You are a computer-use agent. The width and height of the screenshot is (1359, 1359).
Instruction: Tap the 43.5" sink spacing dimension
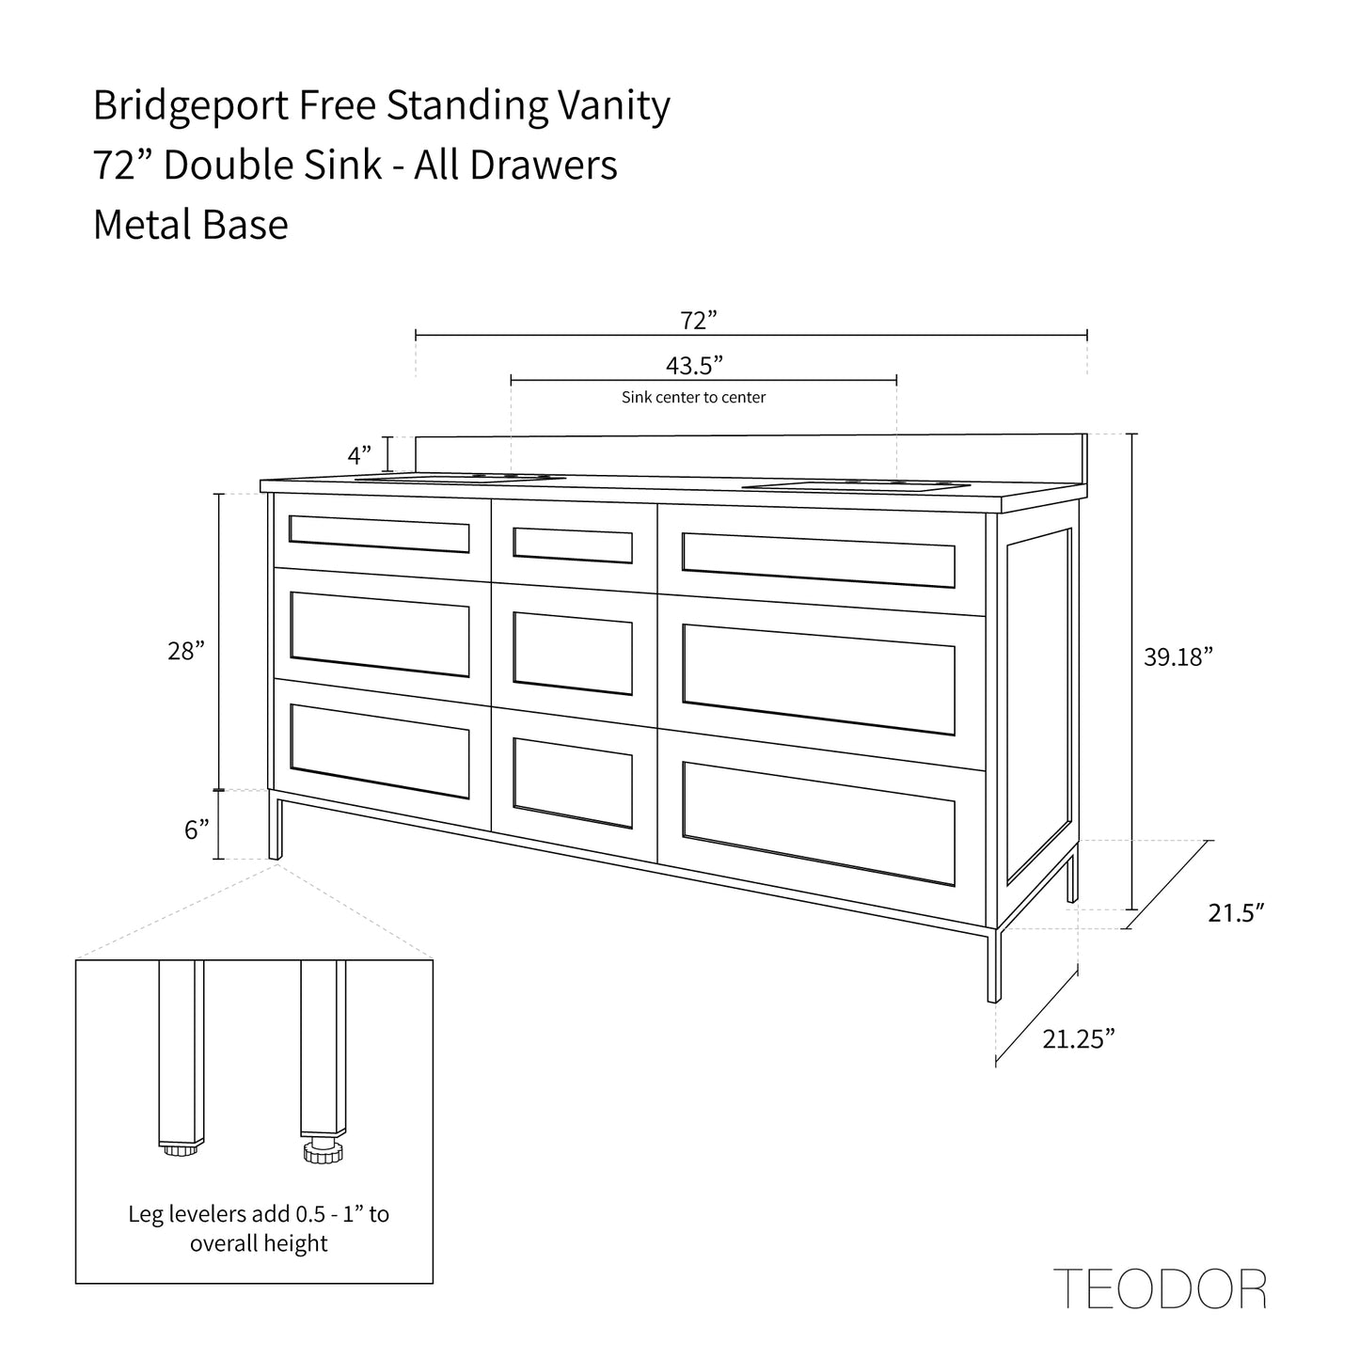pyautogui.click(x=694, y=365)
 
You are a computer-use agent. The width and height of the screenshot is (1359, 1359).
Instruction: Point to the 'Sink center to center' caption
pyautogui.click(x=693, y=398)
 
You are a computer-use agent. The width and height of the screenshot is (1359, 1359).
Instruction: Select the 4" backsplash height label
pyautogui.click(x=360, y=457)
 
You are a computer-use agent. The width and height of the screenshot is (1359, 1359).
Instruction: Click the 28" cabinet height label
pyautogui.click(x=186, y=651)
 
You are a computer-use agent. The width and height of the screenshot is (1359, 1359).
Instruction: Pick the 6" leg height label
pyautogui.click(x=197, y=830)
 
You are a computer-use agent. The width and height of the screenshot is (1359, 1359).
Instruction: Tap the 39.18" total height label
pyautogui.click(x=1173, y=657)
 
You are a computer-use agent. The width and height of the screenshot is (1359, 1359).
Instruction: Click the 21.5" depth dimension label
pyautogui.click(x=1236, y=913)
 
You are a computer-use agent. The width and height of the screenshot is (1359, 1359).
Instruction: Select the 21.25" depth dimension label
pyautogui.click(x=1079, y=1039)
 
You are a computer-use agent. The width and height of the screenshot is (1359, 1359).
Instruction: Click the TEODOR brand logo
pyautogui.click(x=1160, y=1289)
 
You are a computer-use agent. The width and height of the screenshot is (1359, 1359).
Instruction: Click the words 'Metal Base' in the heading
pyautogui.click(x=190, y=225)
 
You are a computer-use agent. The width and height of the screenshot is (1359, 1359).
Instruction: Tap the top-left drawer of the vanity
pyautogui.click(x=379, y=535)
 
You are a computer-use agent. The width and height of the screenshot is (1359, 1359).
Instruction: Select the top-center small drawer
pyautogui.click(x=573, y=545)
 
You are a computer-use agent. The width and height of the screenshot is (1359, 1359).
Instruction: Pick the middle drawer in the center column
pyautogui.click(x=573, y=653)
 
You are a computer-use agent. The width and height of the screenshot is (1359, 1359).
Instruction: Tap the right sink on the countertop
pyautogui.click(x=856, y=486)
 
